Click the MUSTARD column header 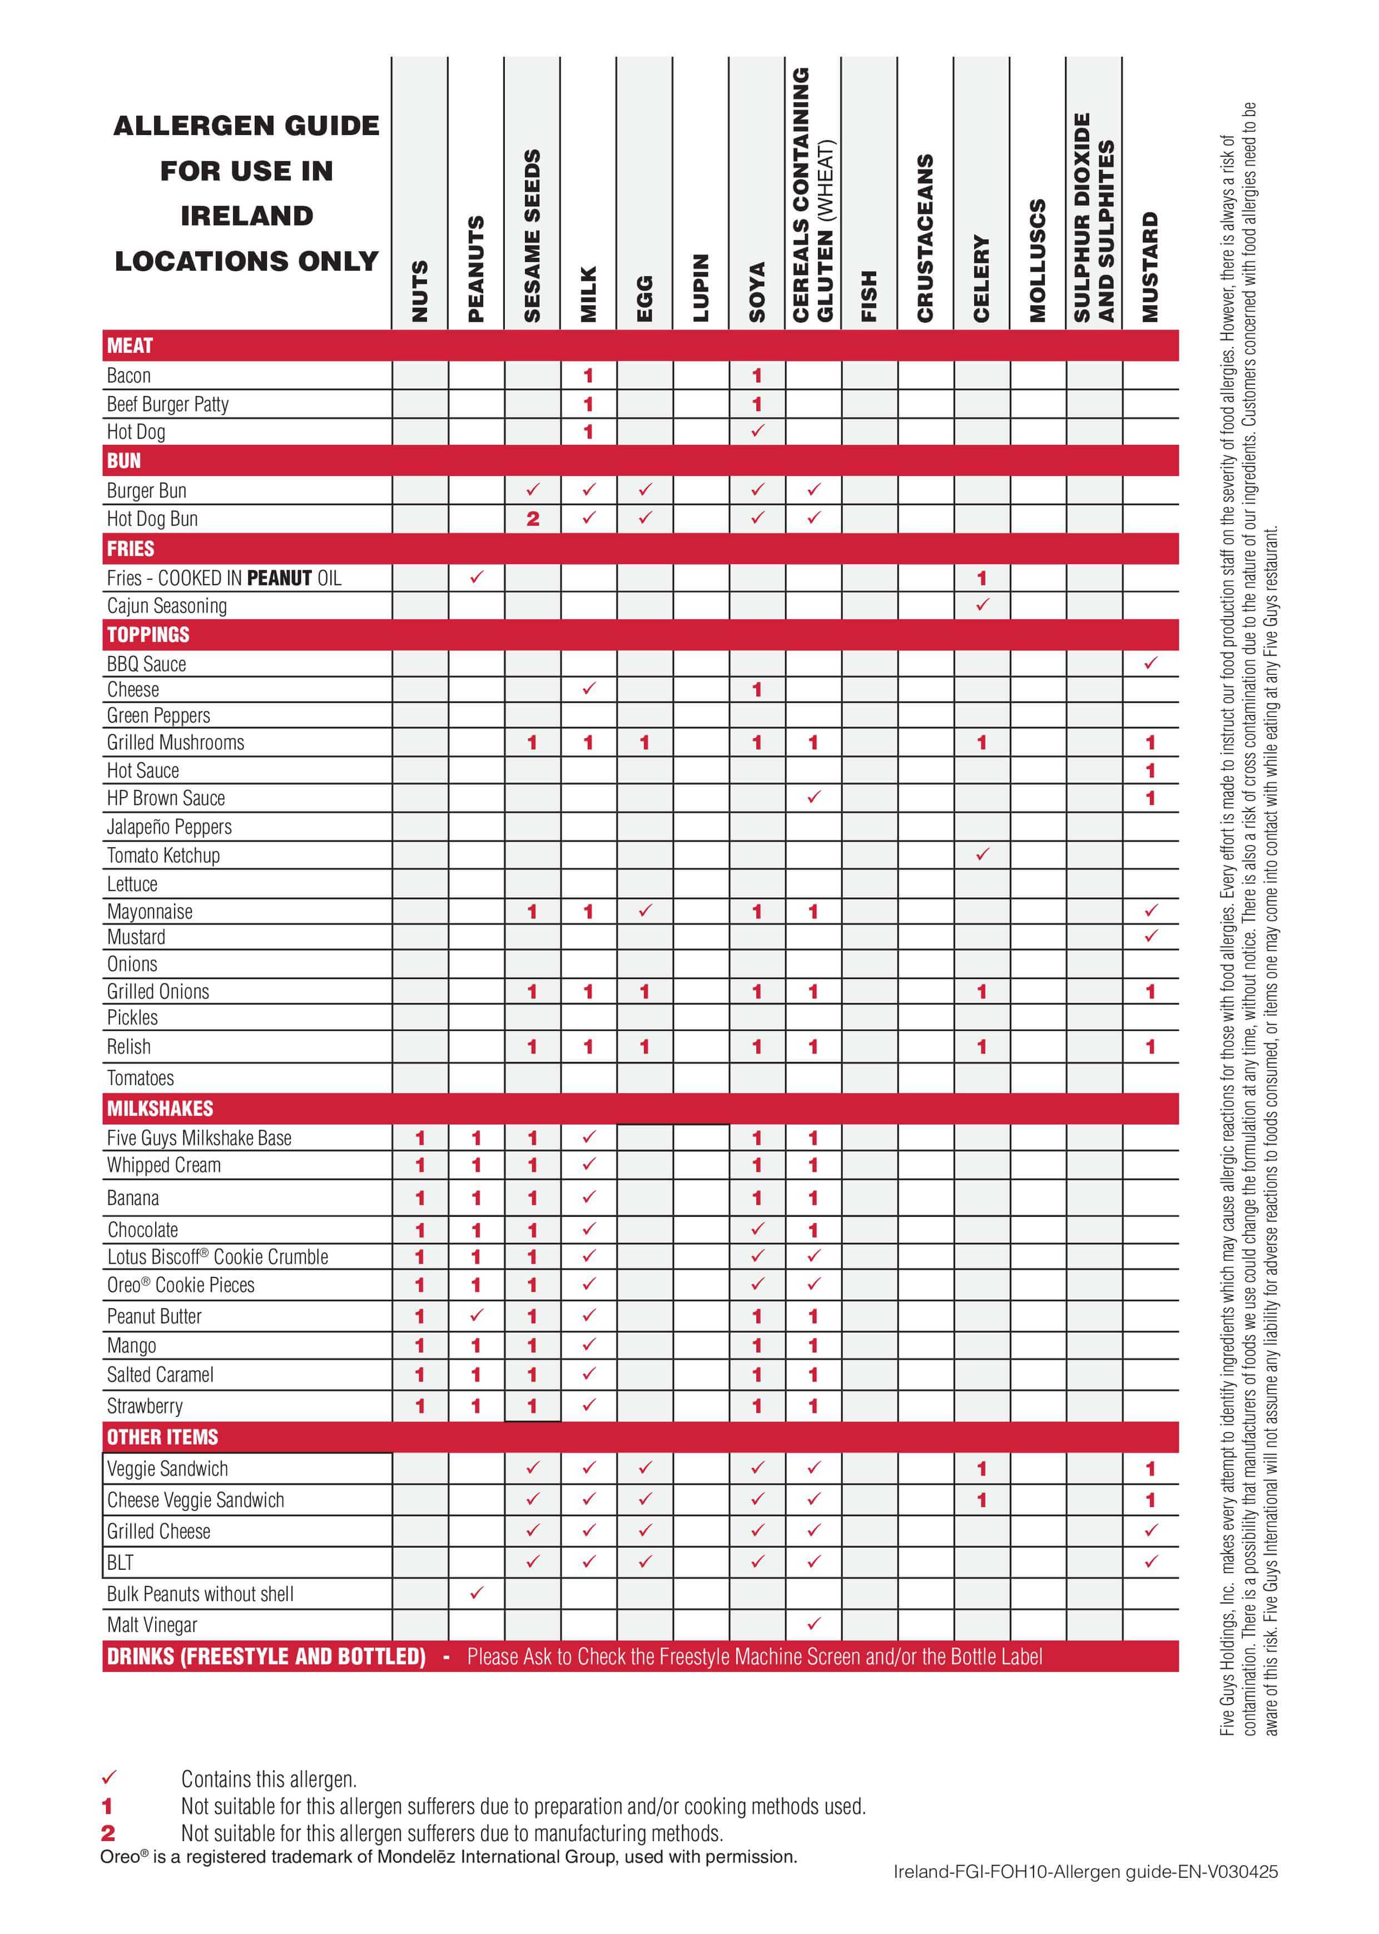click(1150, 267)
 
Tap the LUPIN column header click(701, 288)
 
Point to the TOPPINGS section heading click(148, 634)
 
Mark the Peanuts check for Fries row click(477, 578)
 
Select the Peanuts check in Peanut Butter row click(477, 1315)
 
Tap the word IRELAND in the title click(246, 216)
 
